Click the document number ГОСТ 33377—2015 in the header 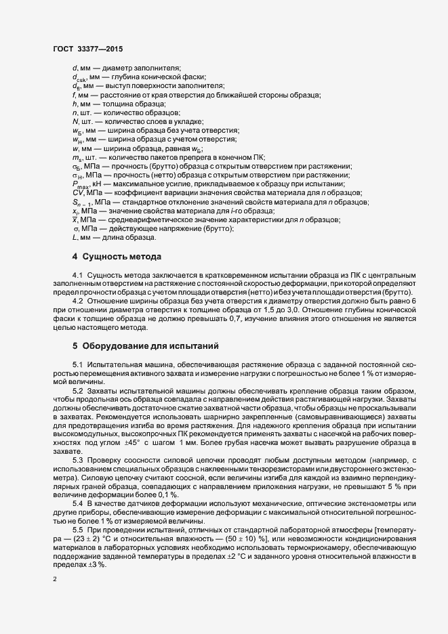(x=87, y=49)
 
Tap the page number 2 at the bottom (x=55, y=580)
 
